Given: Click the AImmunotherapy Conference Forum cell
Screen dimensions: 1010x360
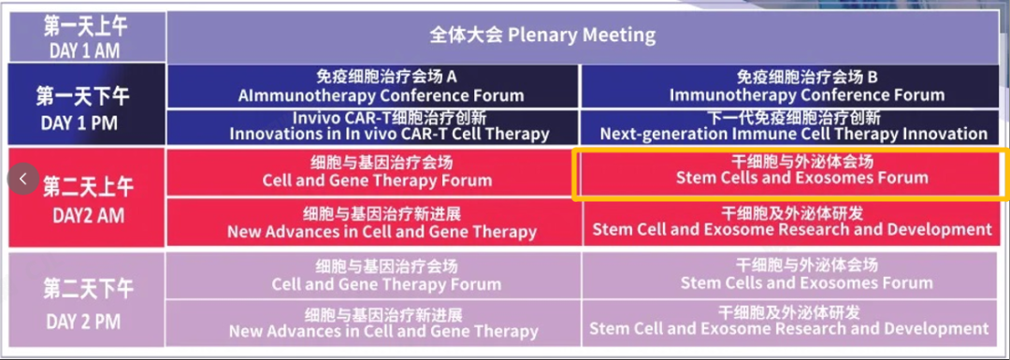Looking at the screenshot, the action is [x=373, y=86].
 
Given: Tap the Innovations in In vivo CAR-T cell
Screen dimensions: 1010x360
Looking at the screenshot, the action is [x=373, y=127].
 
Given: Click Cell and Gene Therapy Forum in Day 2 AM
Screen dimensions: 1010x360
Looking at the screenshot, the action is [x=373, y=171].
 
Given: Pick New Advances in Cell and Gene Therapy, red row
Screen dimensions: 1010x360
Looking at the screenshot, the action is [x=373, y=223].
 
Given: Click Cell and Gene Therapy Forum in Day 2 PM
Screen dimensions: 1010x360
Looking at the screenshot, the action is [x=373, y=275].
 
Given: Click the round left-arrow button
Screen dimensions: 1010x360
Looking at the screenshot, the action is [x=23, y=179].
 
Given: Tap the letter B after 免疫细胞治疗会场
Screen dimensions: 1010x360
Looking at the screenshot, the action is [x=873, y=78].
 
